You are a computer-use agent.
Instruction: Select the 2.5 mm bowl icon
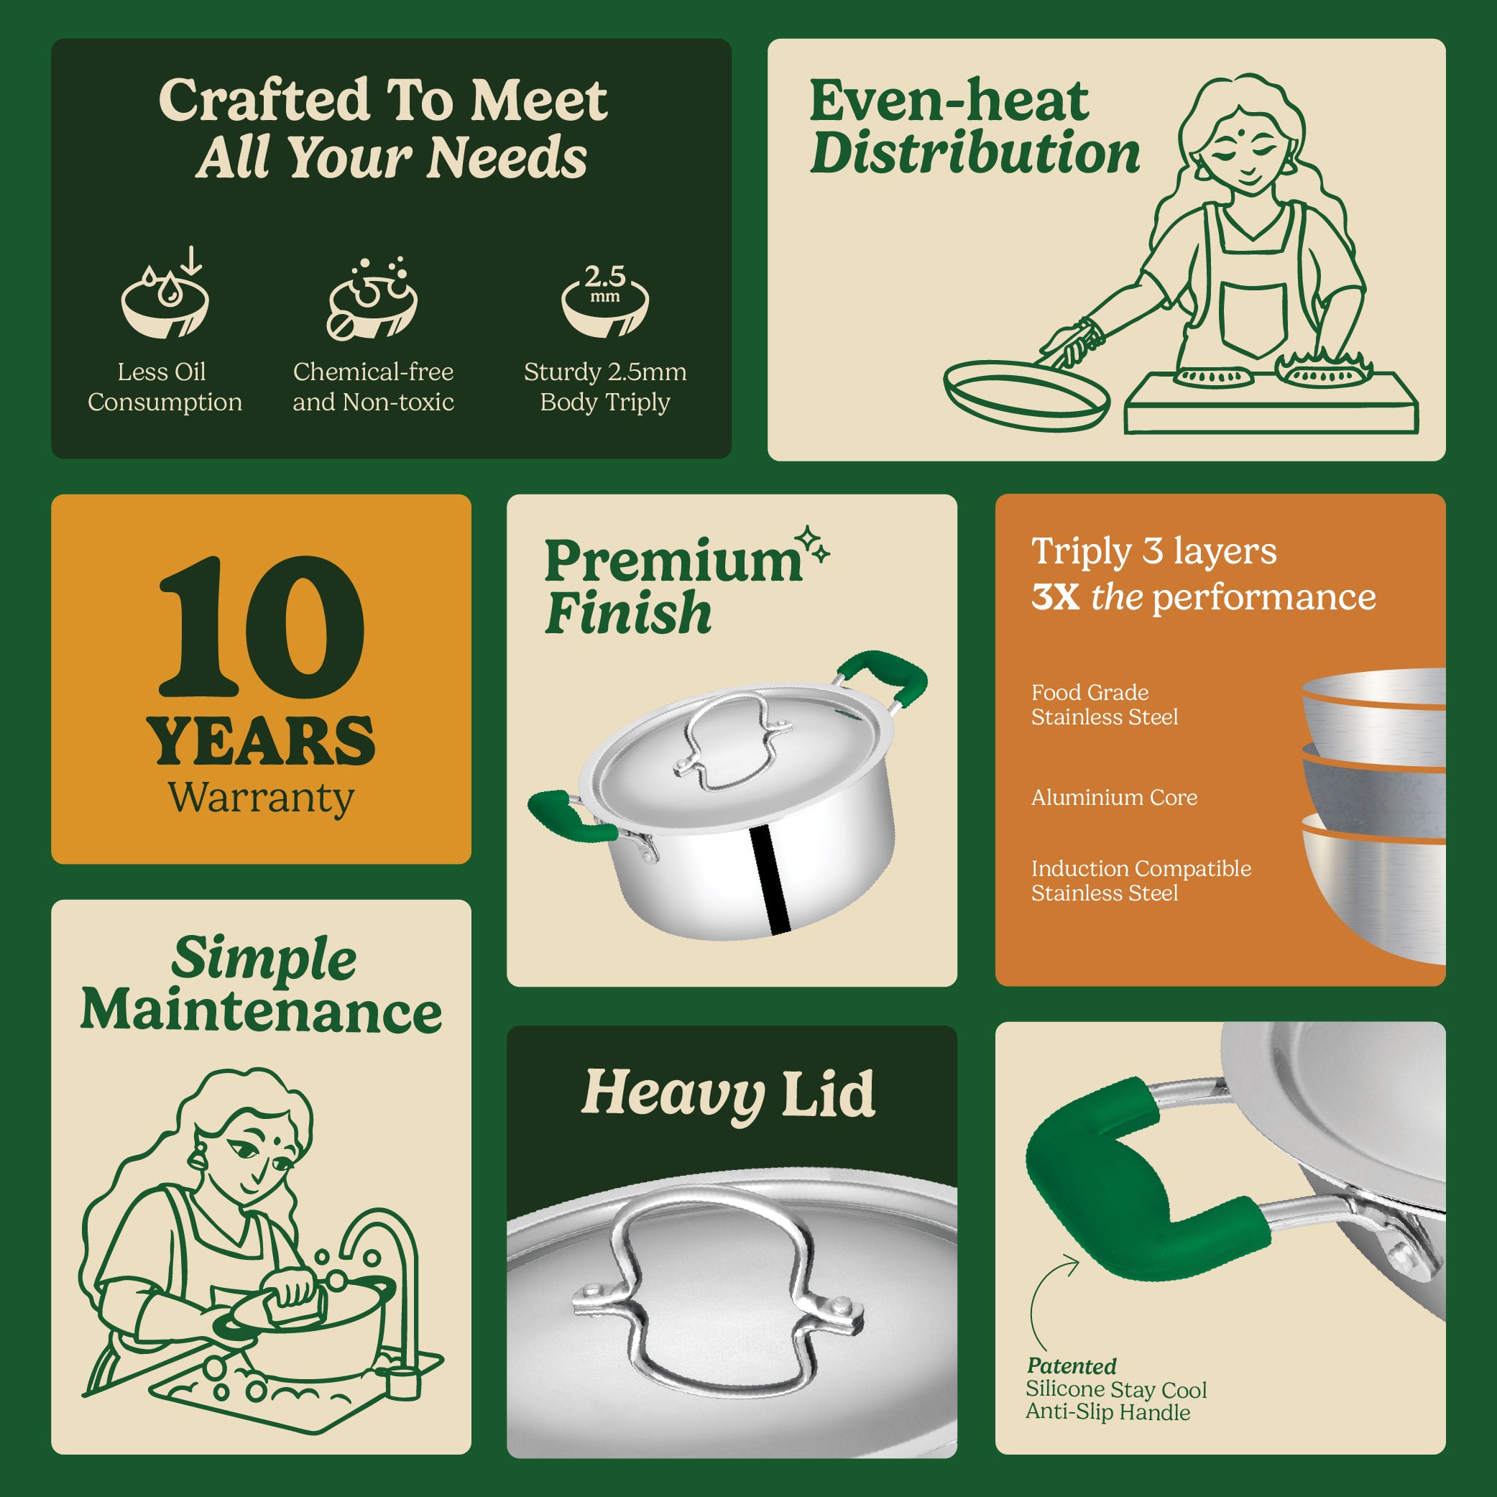[x=605, y=300]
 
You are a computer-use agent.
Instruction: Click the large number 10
[x=260, y=627]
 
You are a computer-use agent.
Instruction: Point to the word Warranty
[x=261, y=798]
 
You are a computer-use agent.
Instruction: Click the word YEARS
[x=261, y=742]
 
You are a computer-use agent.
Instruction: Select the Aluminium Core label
[x=1114, y=797]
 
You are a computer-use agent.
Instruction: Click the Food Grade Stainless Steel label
[x=1104, y=704]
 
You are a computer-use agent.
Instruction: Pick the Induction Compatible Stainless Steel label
[x=1141, y=880]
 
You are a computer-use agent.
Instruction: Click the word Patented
[x=1072, y=1366]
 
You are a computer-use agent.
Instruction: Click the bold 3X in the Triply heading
[x=1055, y=597]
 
